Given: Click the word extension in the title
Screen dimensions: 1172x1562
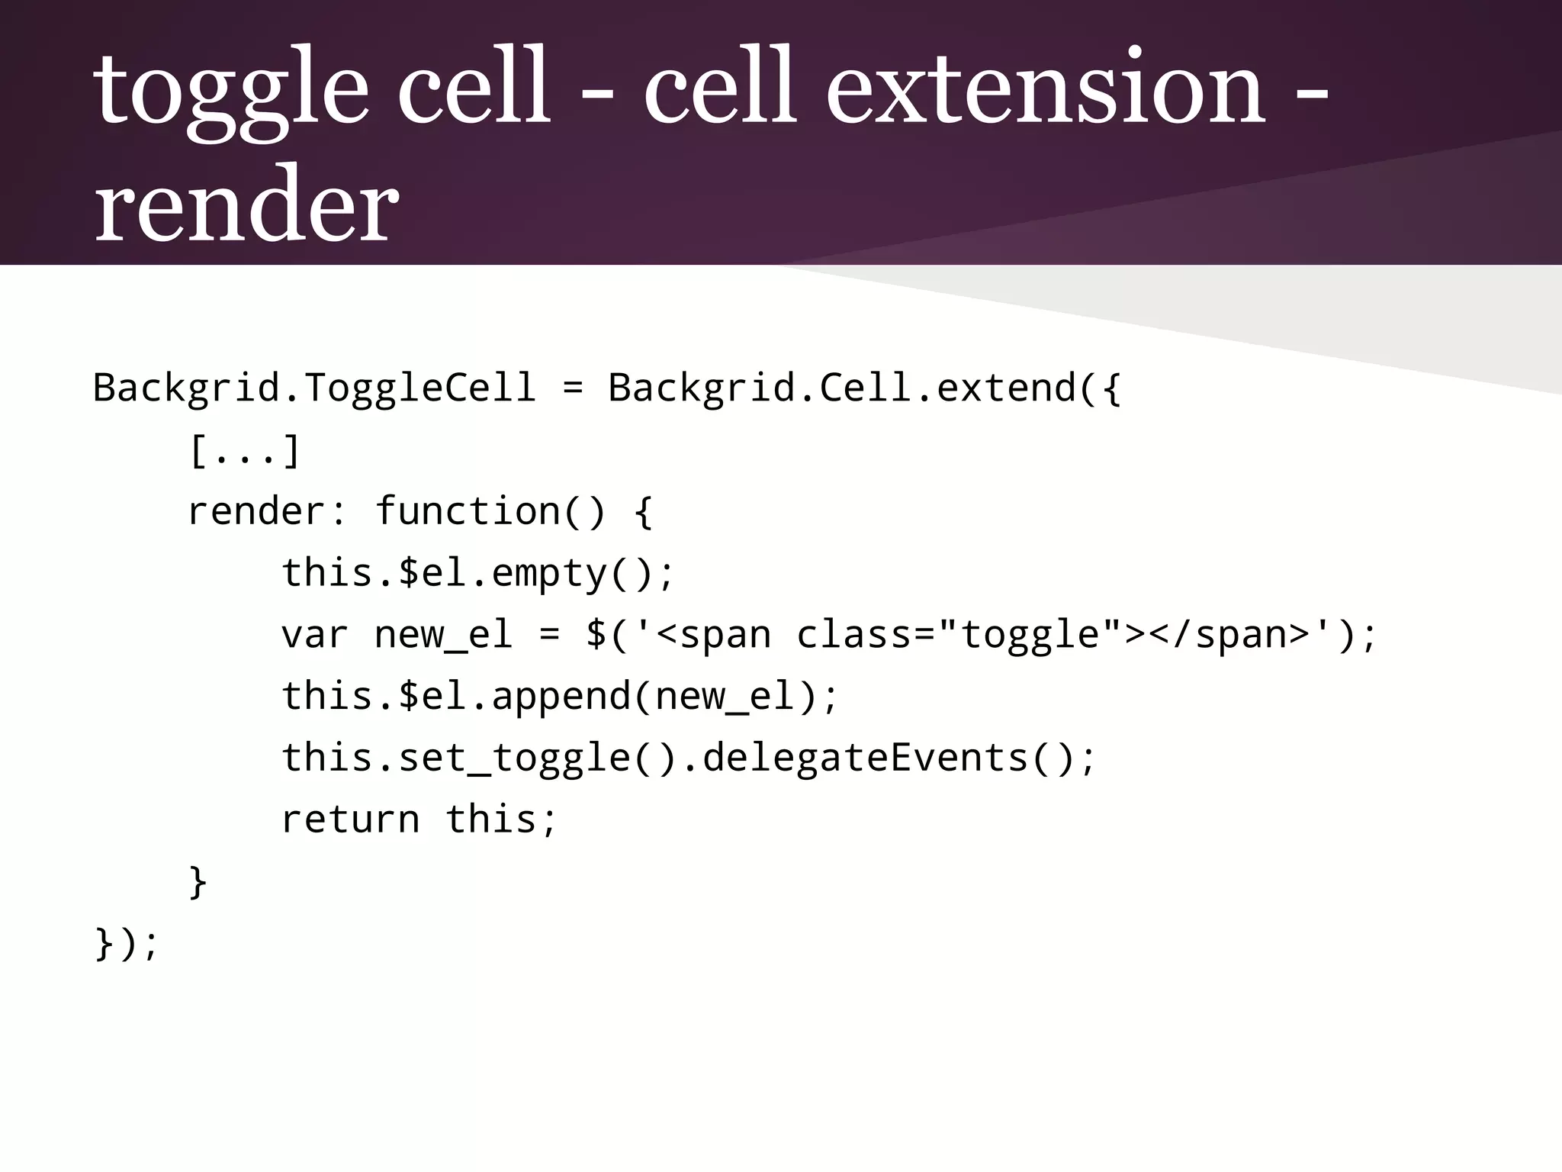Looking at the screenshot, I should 1046,88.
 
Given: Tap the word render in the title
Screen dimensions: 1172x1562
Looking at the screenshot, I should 246,206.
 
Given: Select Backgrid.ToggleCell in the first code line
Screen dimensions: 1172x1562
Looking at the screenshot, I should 313,388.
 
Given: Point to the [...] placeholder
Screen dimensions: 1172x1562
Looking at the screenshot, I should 245,451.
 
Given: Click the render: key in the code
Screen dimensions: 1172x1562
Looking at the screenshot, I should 268,511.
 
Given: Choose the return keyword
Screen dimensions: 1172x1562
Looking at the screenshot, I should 350,819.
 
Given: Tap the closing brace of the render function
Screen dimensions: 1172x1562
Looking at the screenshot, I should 198,881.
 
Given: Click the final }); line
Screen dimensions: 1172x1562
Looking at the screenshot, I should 127,943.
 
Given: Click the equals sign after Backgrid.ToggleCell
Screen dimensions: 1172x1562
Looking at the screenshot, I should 572,388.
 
